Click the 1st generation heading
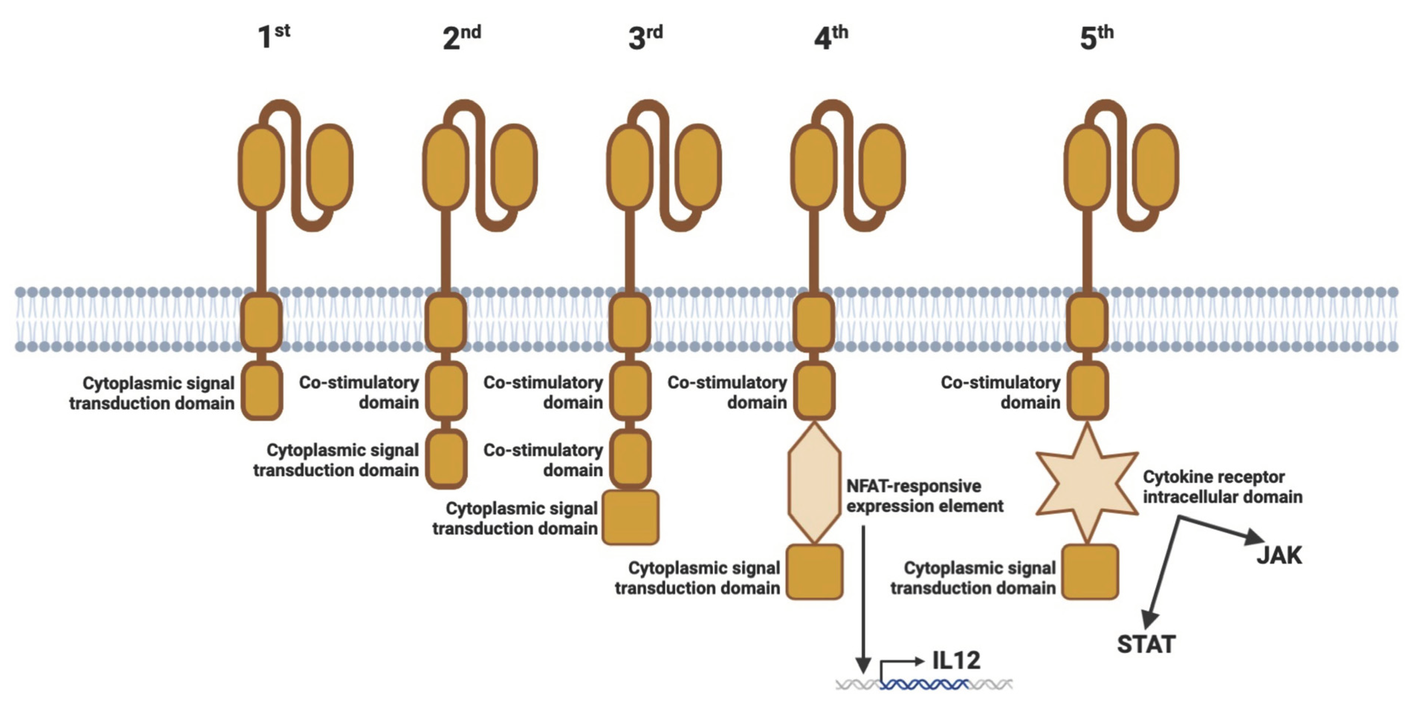coord(273,36)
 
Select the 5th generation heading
coord(1096,37)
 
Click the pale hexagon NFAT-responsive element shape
coord(814,482)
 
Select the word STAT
coord(1146,644)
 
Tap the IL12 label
coord(956,660)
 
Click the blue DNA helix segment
coord(924,684)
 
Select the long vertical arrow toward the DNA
coord(863,596)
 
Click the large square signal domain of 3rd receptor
coord(630,517)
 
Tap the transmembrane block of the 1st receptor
coord(262,322)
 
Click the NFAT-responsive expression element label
coord(924,496)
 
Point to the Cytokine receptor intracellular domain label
coord(1222,487)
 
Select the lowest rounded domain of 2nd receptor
coord(446,458)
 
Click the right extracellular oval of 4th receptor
coord(882,167)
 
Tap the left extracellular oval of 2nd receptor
coord(446,167)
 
